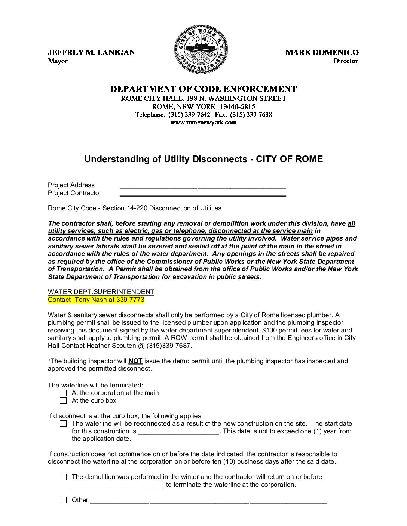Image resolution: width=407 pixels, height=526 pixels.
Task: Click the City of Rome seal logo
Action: tap(201, 49)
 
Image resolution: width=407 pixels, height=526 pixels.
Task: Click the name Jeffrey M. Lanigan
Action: tap(91, 52)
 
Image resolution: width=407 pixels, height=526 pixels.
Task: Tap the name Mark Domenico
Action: tap(322, 52)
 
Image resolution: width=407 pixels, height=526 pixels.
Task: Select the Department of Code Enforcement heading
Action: tap(203, 89)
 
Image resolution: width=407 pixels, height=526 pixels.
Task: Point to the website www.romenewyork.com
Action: tap(203, 123)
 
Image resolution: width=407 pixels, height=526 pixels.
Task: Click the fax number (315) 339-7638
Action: tap(251, 115)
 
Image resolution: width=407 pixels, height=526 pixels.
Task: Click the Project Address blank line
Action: tap(203, 186)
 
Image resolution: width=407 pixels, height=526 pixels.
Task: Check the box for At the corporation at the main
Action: tap(64, 393)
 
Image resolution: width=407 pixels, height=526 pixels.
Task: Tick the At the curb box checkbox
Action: tap(64, 401)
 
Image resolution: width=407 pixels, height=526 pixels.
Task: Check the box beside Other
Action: tap(64, 500)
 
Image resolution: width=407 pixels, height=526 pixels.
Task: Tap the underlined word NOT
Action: tap(135, 361)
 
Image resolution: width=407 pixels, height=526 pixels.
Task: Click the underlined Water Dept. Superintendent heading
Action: tap(101, 292)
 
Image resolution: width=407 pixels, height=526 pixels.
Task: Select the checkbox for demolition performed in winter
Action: tap(64, 477)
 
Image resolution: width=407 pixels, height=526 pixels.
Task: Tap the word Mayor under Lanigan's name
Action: tap(58, 61)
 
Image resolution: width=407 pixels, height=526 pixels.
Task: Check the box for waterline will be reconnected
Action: tap(64, 424)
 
